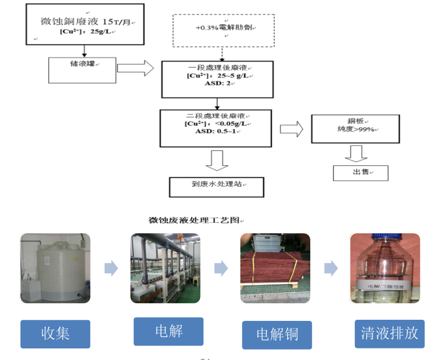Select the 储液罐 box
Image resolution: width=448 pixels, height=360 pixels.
(83, 69)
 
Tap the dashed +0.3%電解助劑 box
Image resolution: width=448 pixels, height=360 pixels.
(224, 30)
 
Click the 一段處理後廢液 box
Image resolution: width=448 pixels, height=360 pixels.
(217, 79)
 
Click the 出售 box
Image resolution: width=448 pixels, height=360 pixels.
(360, 173)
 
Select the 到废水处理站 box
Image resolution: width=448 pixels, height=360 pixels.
(216, 187)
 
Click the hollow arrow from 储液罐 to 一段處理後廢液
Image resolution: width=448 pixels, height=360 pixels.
(136, 68)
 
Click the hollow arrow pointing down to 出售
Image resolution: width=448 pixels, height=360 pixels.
(357, 153)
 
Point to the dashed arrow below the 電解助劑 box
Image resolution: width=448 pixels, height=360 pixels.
(222, 53)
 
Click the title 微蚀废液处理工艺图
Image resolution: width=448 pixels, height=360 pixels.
(194, 219)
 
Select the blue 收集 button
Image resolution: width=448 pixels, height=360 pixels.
(55, 334)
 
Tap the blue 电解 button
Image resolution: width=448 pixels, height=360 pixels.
(168, 331)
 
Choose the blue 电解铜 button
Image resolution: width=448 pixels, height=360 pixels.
(277, 335)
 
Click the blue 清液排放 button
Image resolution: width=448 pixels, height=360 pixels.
(390, 333)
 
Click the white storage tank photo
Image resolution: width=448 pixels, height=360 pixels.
(55, 268)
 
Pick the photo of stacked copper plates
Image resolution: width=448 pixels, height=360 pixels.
(274, 268)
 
